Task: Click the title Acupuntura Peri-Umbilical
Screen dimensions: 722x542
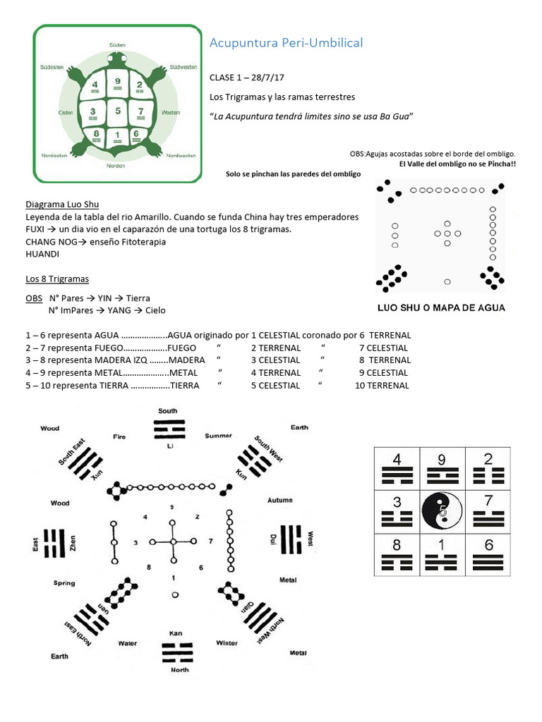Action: click(286, 43)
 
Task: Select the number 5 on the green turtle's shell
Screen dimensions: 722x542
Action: click(117, 111)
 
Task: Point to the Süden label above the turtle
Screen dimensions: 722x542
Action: click(117, 44)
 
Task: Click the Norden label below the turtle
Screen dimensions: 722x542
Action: click(116, 166)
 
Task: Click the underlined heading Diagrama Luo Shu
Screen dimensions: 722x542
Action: click(62, 204)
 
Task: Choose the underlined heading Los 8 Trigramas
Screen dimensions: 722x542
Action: click(57, 279)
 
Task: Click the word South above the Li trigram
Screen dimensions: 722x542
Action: click(168, 410)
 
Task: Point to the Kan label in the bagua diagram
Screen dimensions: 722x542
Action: click(176, 633)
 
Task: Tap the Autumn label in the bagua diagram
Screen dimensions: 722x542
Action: click(280, 500)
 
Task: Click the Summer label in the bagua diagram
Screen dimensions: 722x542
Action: click(219, 436)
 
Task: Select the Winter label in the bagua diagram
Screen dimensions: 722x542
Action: click(227, 643)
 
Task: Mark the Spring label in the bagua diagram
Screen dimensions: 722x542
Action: click(64, 583)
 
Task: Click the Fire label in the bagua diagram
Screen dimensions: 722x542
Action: click(119, 437)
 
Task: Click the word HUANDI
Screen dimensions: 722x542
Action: click(42, 254)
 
